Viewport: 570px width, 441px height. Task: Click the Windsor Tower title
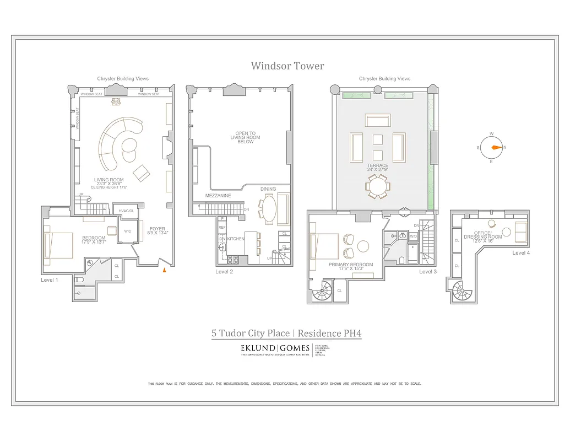point(287,66)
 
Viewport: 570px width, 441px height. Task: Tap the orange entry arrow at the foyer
point(164,270)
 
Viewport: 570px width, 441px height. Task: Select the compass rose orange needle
point(496,148)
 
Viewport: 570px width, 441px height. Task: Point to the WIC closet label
point(127,231)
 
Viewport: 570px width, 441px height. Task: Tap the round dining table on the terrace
point(378,187)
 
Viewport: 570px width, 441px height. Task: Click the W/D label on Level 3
point(413,236)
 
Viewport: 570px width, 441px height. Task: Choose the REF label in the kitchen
point(222,227)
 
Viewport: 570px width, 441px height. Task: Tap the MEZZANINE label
point(218,196)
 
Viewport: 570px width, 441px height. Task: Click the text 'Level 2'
point(225,272)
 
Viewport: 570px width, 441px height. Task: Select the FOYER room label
point(157,229)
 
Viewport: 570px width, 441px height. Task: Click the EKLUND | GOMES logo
point(274,348)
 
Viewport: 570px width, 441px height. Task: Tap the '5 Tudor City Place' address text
point(251,333)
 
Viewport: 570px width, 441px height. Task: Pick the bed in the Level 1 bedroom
point(58,245)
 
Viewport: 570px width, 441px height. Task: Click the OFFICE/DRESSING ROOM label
point(487,234)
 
